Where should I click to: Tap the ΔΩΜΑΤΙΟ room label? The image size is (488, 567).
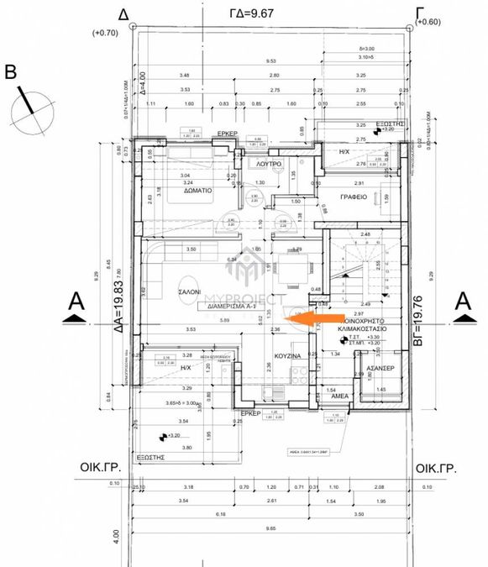pos(194,191)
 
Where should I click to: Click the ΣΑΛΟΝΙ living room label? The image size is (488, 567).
pos(188,291)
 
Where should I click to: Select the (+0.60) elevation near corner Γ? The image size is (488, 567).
pos(428,22)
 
